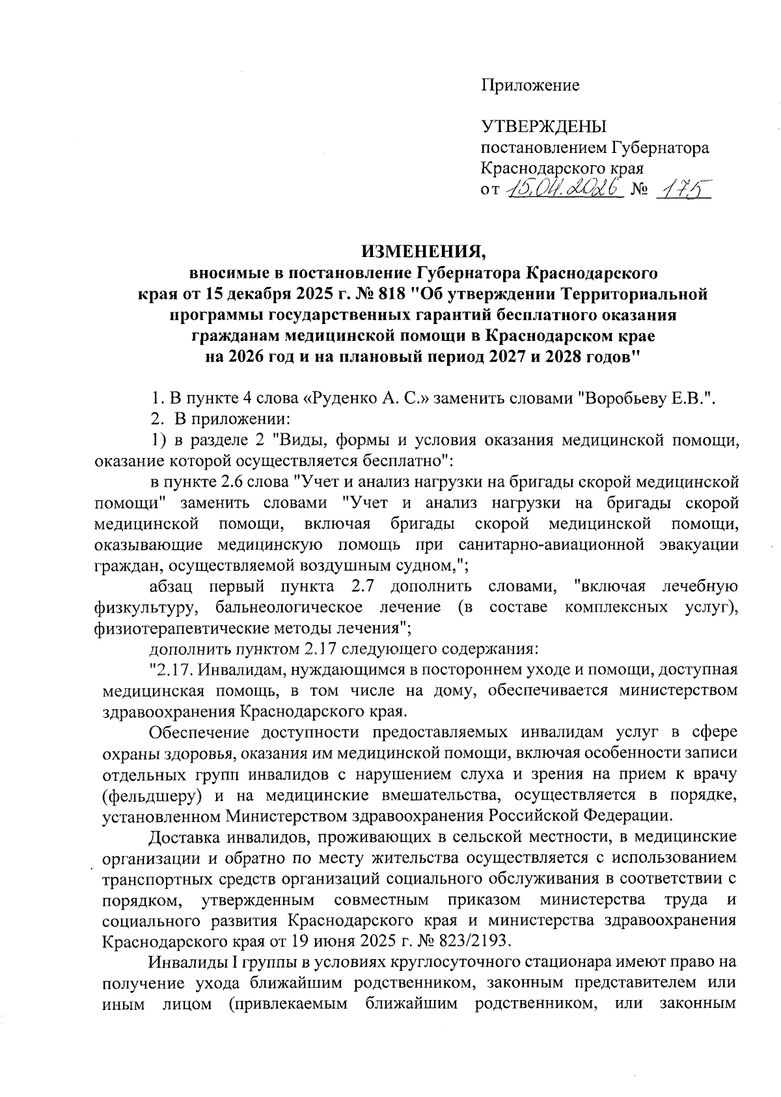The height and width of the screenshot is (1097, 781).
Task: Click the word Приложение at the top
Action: click(530, 85)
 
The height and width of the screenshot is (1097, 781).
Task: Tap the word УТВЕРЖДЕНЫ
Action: click(543, 127)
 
